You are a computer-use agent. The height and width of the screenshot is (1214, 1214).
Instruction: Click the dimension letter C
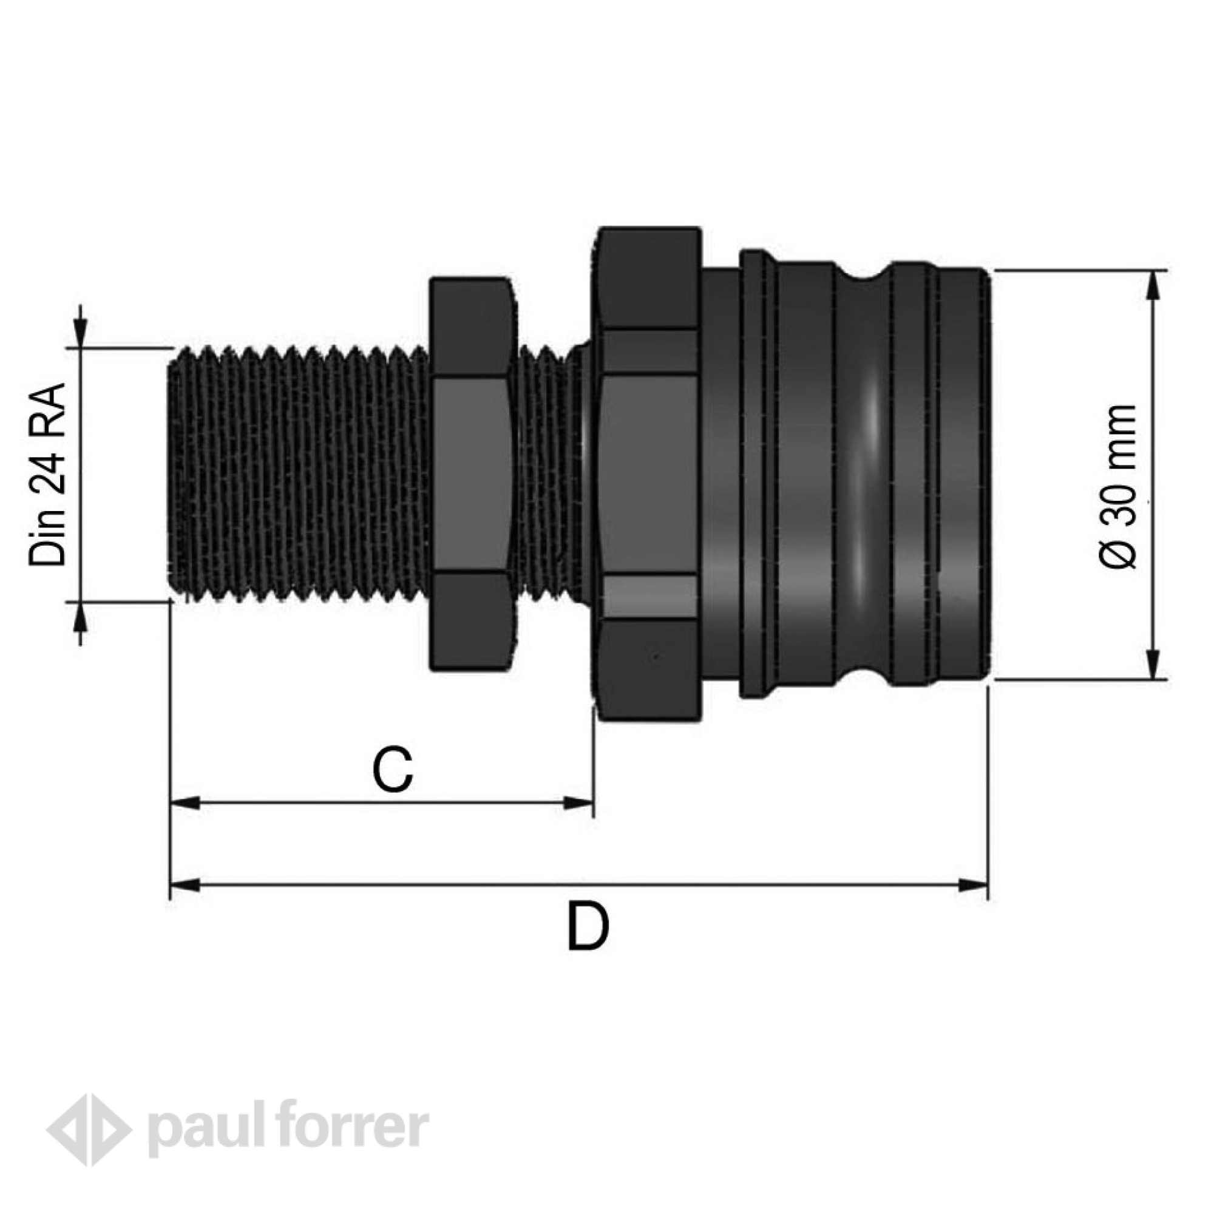click(x=393, y=770)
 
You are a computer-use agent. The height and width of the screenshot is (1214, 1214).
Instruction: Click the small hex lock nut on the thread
click(x=472, y=475)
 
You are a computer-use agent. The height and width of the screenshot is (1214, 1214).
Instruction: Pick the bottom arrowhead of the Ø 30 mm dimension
click(x=1153, y=665)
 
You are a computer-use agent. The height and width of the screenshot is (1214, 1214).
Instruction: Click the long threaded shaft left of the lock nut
click(x=299, y=475)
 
